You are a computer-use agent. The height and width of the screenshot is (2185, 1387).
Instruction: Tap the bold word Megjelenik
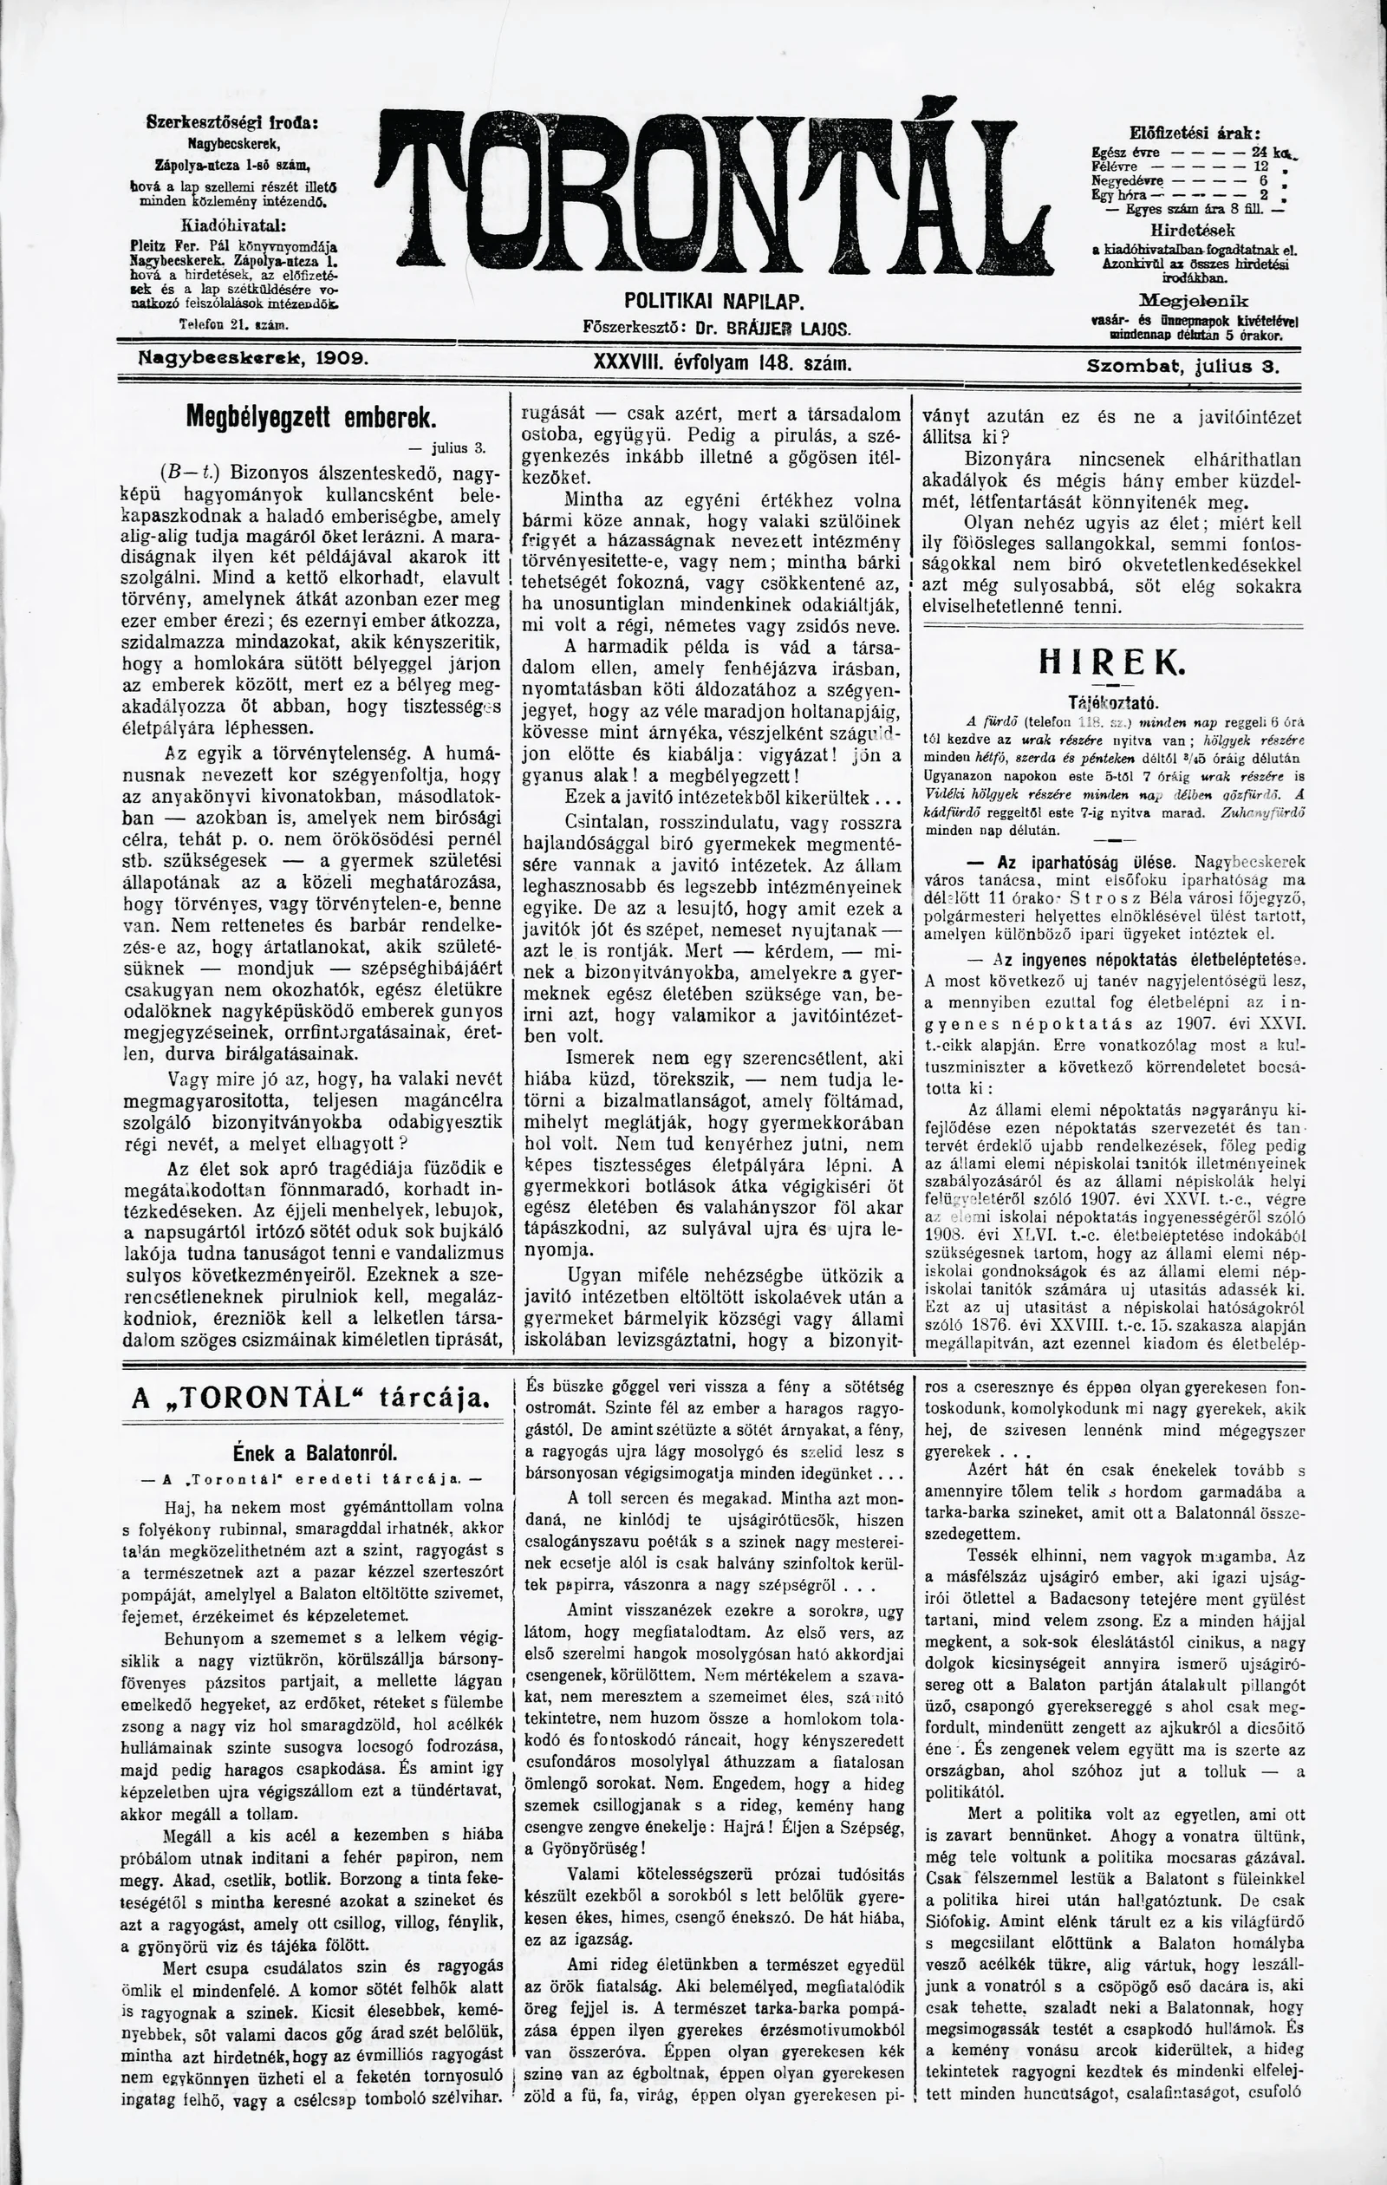[x=1194, y=299]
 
